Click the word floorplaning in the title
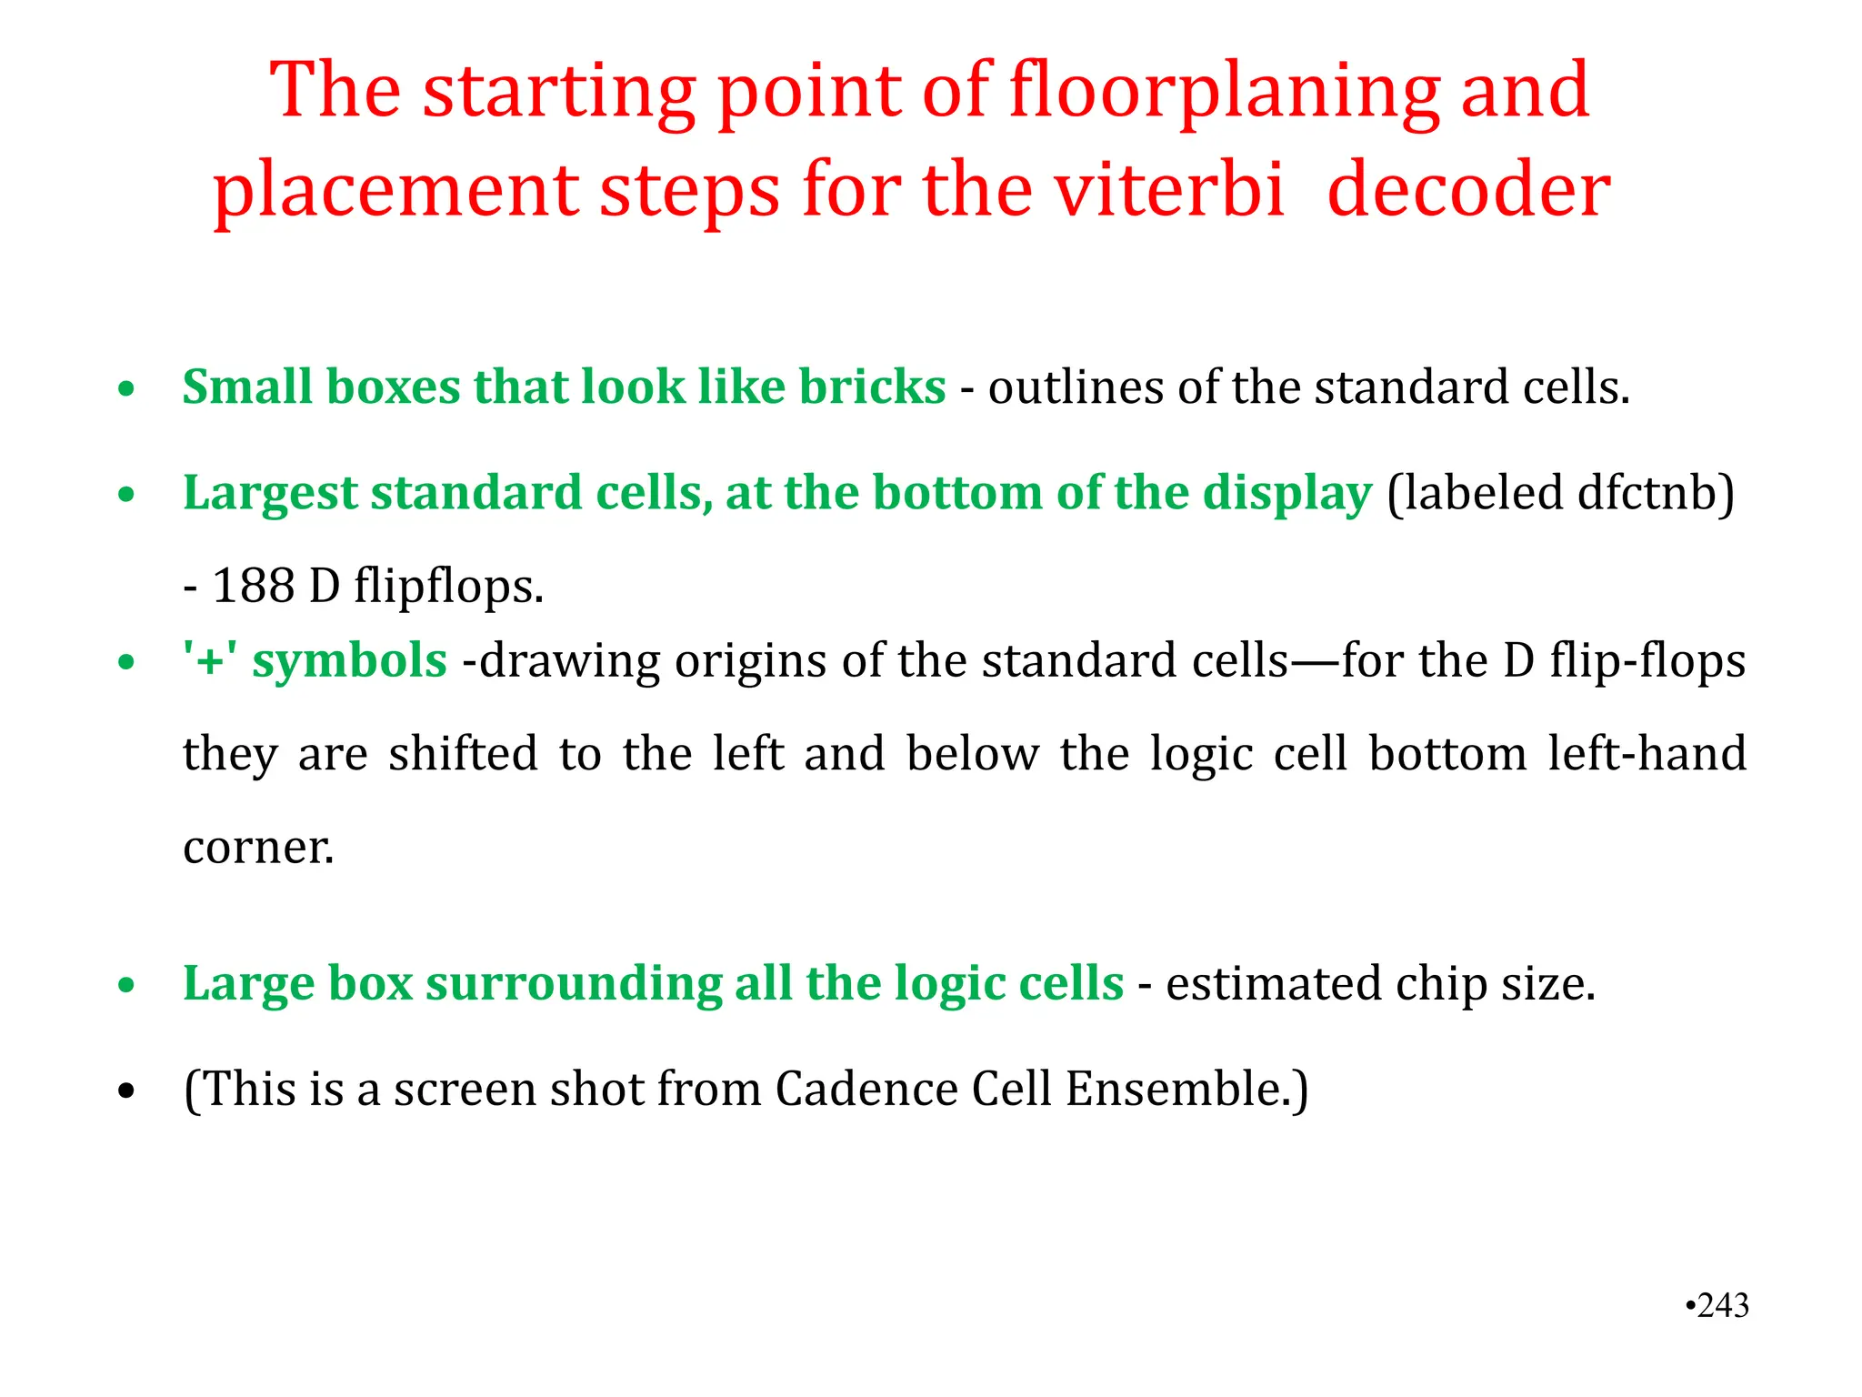[x=1224, y=92]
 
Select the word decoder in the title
[x=1468, y=191]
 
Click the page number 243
[x=1723, y=1305]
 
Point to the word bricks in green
[x=872, y=387]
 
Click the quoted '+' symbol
[x=210, y=659]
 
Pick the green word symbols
[x=350, y=661]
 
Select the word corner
[x=258, y=848]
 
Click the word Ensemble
[x=1186, y=1090]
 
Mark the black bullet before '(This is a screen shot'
[x=126, y=1090]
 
